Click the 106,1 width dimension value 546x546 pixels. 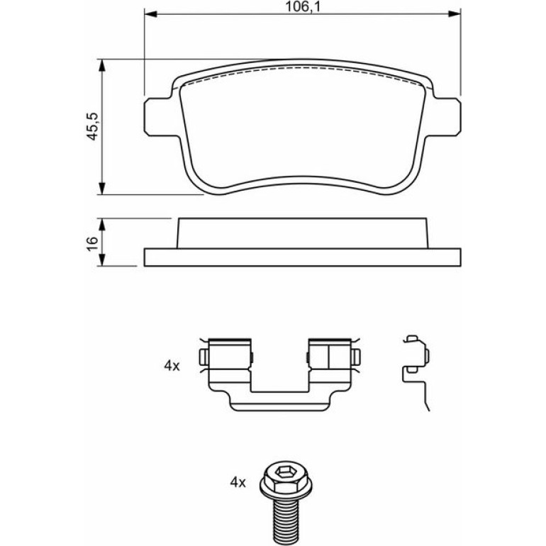[302, 6]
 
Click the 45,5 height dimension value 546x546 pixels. [93, 126]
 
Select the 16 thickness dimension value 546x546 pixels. [92, 243]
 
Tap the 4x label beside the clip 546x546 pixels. [172, 366]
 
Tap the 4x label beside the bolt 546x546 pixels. [238, 482]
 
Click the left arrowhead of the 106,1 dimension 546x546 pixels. [151, 14]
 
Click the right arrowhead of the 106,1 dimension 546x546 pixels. [454, 14]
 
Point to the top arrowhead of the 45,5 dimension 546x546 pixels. [101, 65]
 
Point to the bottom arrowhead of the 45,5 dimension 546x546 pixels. [101, 188]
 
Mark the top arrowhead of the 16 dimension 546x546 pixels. [101, 225]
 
